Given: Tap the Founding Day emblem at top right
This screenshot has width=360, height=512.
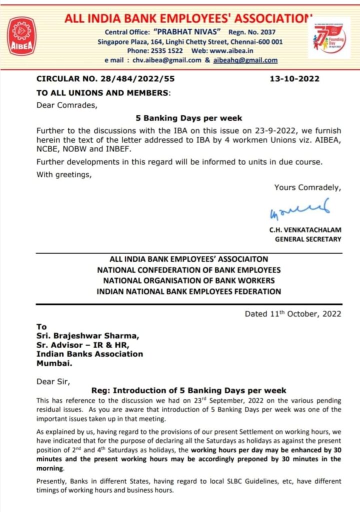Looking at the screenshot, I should [328, 37].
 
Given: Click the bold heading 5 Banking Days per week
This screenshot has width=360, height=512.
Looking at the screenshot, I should [189, 118].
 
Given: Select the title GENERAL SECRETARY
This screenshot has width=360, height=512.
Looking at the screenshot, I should [308, 239].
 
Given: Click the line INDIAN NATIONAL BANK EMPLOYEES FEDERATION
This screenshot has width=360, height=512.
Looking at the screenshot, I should [189, 291].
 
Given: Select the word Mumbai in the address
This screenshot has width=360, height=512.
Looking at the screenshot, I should [54, 363].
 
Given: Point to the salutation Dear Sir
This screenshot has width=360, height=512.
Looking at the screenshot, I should [53, 381].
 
